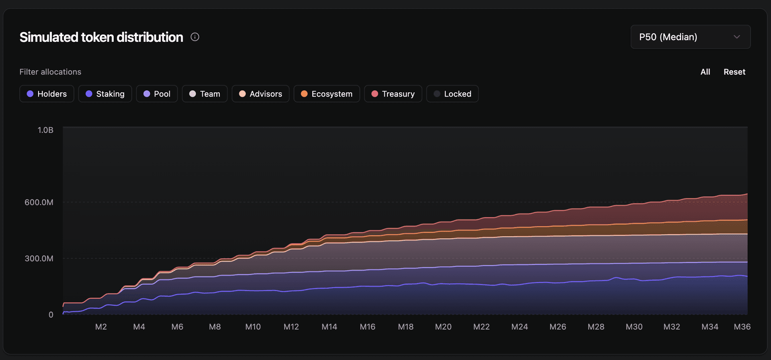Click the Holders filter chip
click(47, 94)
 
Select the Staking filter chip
click(105, 94)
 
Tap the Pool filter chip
click(157, 94)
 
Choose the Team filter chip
click(204, 94)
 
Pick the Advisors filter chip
click(260, 94)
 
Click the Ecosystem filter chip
click(326, 94)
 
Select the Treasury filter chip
click(393, 94)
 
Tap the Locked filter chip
click(452, 94)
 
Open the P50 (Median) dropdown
click(690, 37)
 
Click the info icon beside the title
click(195, 37)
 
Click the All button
click(705, 72)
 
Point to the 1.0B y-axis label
click(45, 130)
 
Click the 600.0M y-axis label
click(39, 202)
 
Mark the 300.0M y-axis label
click(39, 259)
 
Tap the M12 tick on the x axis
click(291, 327)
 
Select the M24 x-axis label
click(519, 327)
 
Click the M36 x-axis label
click(742, 327)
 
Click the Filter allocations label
click(50, 72)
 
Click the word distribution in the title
click(150, 37)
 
